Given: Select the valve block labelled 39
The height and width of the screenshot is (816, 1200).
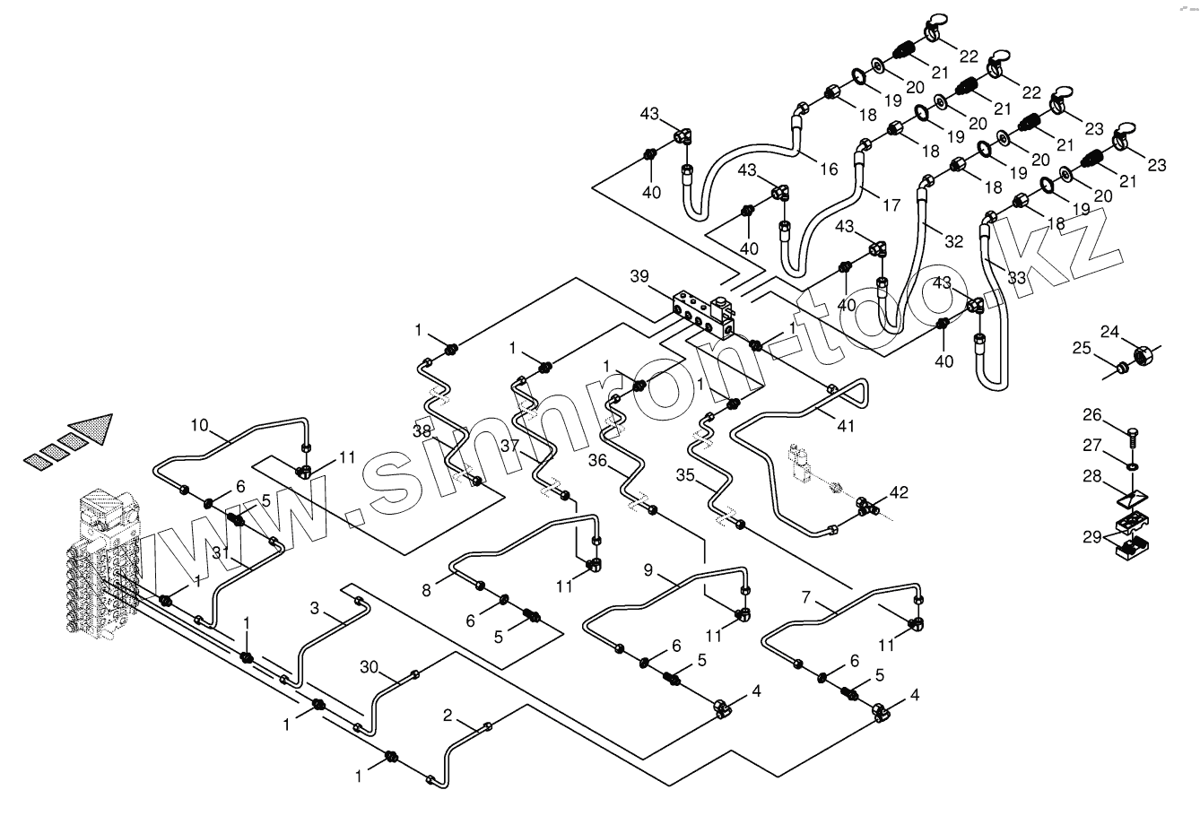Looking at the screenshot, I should point(704,313).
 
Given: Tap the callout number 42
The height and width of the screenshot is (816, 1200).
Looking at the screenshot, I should point(899,492).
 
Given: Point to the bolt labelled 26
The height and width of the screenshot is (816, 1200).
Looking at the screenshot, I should point(1131,438).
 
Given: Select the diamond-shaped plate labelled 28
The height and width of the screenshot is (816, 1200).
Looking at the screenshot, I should point(1134,496).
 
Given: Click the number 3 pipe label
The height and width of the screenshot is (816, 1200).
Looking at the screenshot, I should point(314,609).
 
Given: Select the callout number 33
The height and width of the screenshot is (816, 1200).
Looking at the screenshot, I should point(1015,278).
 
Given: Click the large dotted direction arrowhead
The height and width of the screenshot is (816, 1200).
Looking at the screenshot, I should point(91,430).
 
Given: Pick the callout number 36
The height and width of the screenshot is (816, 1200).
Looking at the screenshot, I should point(597,460).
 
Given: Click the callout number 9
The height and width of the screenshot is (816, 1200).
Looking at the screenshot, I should point(648,569).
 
